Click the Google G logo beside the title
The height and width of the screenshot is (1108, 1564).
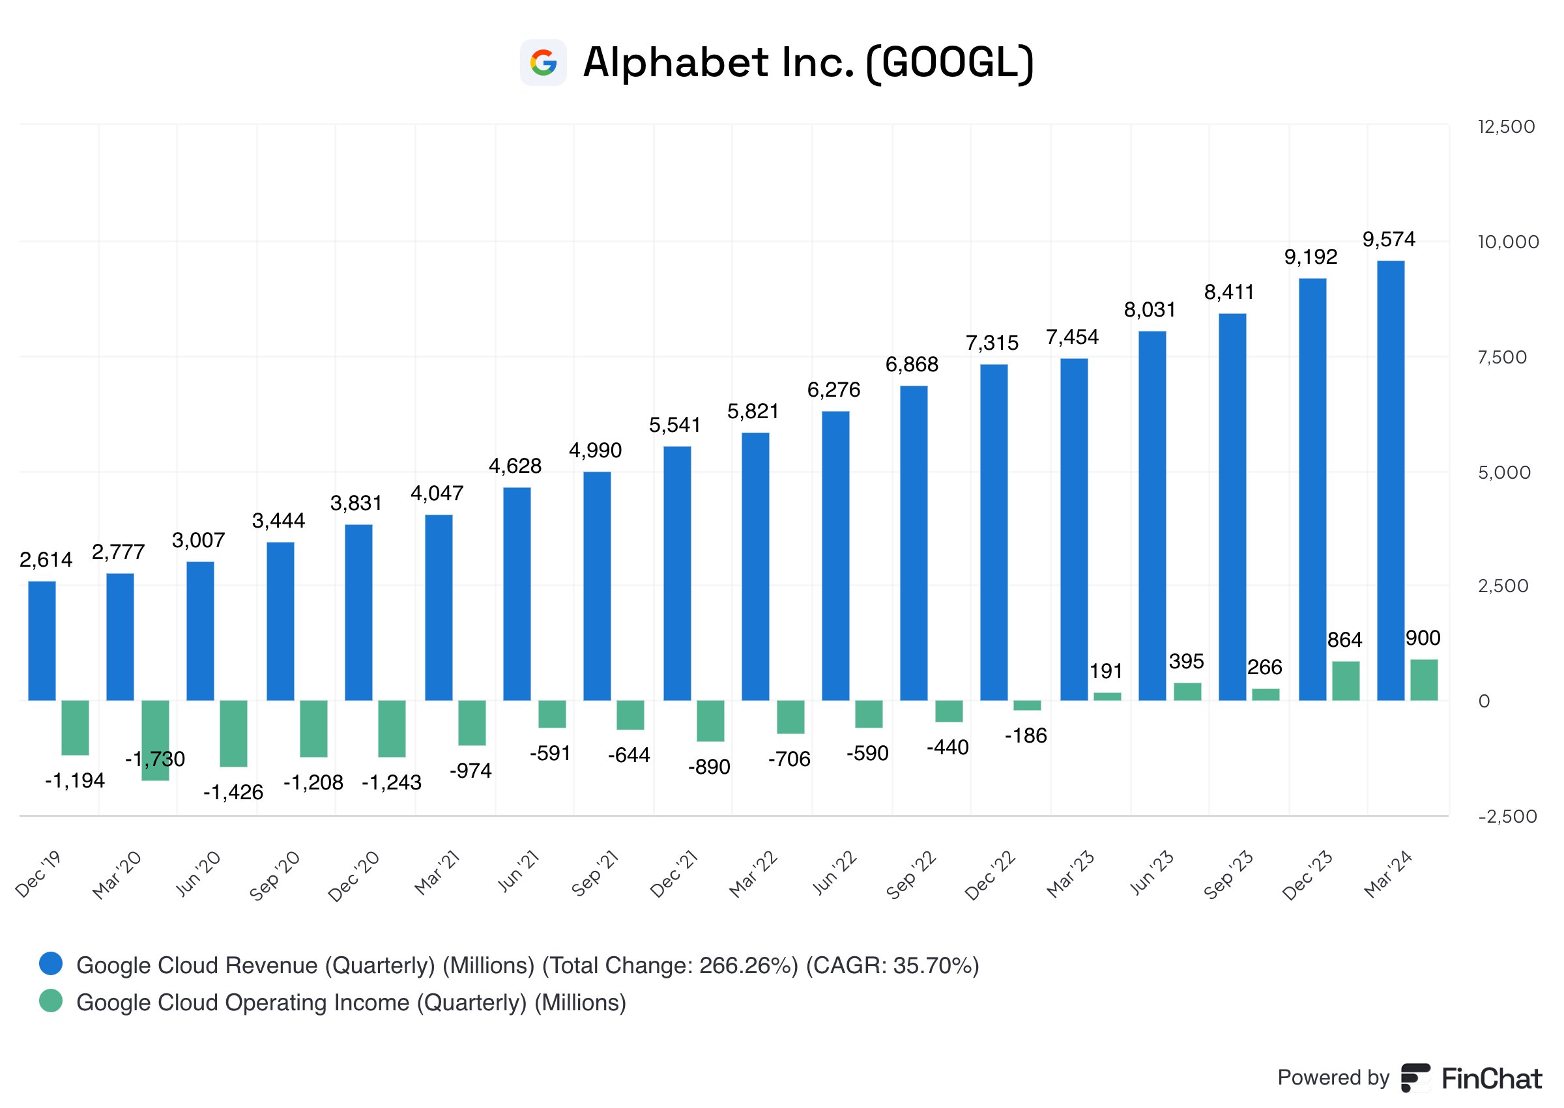(543, 63)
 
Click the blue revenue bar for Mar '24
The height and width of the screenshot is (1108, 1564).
(1390, 480)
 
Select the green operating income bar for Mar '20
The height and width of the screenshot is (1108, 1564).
(155, 739)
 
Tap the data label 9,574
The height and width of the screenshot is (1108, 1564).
(1389, 240)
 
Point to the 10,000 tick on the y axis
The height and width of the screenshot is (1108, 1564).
(1507, 242)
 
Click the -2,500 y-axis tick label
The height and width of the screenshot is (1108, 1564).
(1507, 816)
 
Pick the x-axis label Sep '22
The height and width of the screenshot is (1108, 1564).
(912, 875)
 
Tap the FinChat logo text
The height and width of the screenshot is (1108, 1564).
(1491, 1079)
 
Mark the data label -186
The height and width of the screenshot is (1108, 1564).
(1025, 735)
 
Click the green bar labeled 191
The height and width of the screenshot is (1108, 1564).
(1107, 696)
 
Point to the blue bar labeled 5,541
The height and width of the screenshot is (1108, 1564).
(676, 573)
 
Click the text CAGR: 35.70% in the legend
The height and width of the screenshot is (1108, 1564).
(893, 965)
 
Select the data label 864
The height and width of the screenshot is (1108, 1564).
(1344, 640)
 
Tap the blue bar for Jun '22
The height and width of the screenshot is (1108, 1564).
(835, 556)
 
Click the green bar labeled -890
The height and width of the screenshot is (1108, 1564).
(710, 720)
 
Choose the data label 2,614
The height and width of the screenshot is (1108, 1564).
(46, 560)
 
